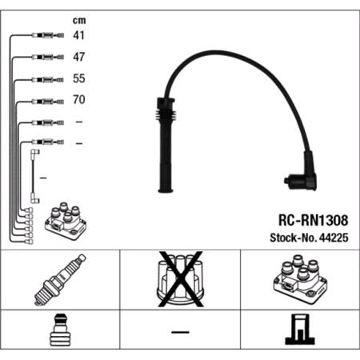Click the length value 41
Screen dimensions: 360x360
78,36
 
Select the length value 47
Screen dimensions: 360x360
78,58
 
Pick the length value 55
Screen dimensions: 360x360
78,80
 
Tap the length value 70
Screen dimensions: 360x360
78,102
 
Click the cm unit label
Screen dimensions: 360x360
78,19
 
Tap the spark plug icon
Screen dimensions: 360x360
59,280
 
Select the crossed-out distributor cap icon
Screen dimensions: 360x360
179,280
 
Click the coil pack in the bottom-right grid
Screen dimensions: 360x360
299,280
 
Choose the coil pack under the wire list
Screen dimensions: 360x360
66,220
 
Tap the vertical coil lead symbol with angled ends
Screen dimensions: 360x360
34,176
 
